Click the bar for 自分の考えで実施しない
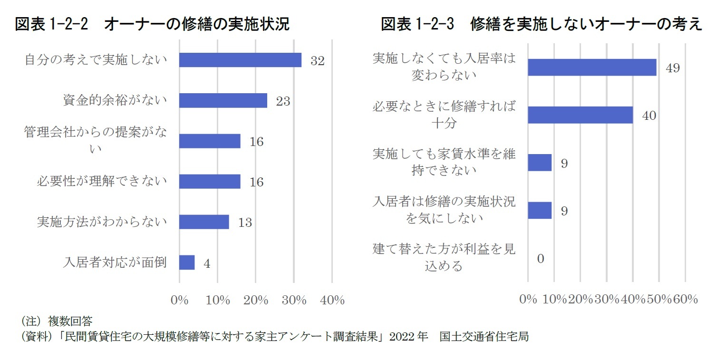click(x=240, y=60)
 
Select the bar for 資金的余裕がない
click(x=223, y=100)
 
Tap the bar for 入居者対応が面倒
click(x=187, y=263)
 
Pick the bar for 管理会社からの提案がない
click(x=210, y=141)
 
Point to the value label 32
click(x=317, y=61)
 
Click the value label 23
click(x=283, y=101)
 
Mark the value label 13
click(x=245, y=223)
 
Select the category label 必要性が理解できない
click(x=102, y=181)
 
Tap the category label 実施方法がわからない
click(x=102, y=222)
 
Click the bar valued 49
click(x=592, y=68)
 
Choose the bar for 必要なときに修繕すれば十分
click(x=580, y=115)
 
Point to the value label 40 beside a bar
click(x=649, y=116)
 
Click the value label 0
click(x=540, y=259)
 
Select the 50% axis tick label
click(x=659, y=299)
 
